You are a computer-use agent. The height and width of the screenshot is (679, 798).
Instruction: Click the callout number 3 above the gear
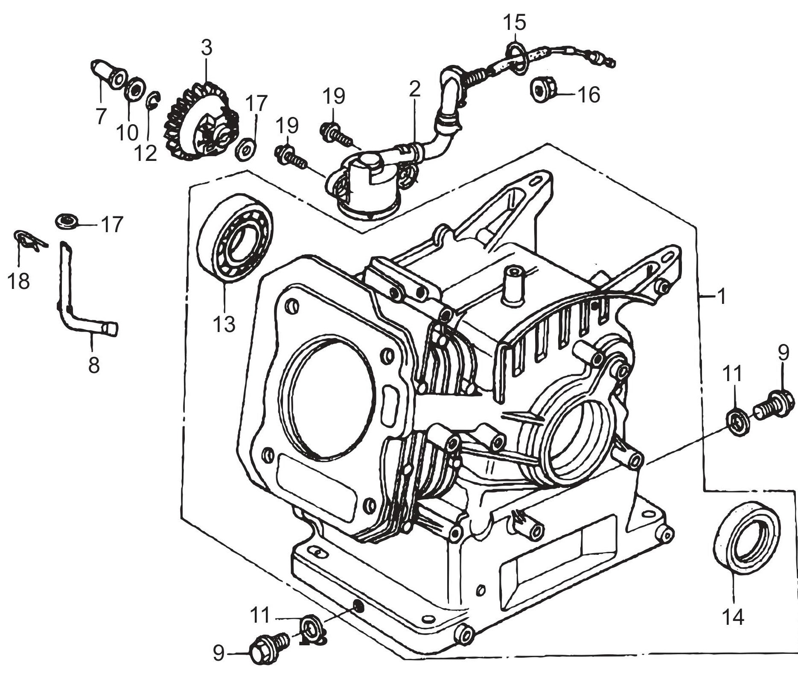[206, 48]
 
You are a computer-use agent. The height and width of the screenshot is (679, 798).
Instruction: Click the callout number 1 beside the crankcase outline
[721, 296]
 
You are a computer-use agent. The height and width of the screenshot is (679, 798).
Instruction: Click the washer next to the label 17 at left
[67, 221]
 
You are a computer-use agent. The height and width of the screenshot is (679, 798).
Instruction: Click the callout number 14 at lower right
[733, 617]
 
